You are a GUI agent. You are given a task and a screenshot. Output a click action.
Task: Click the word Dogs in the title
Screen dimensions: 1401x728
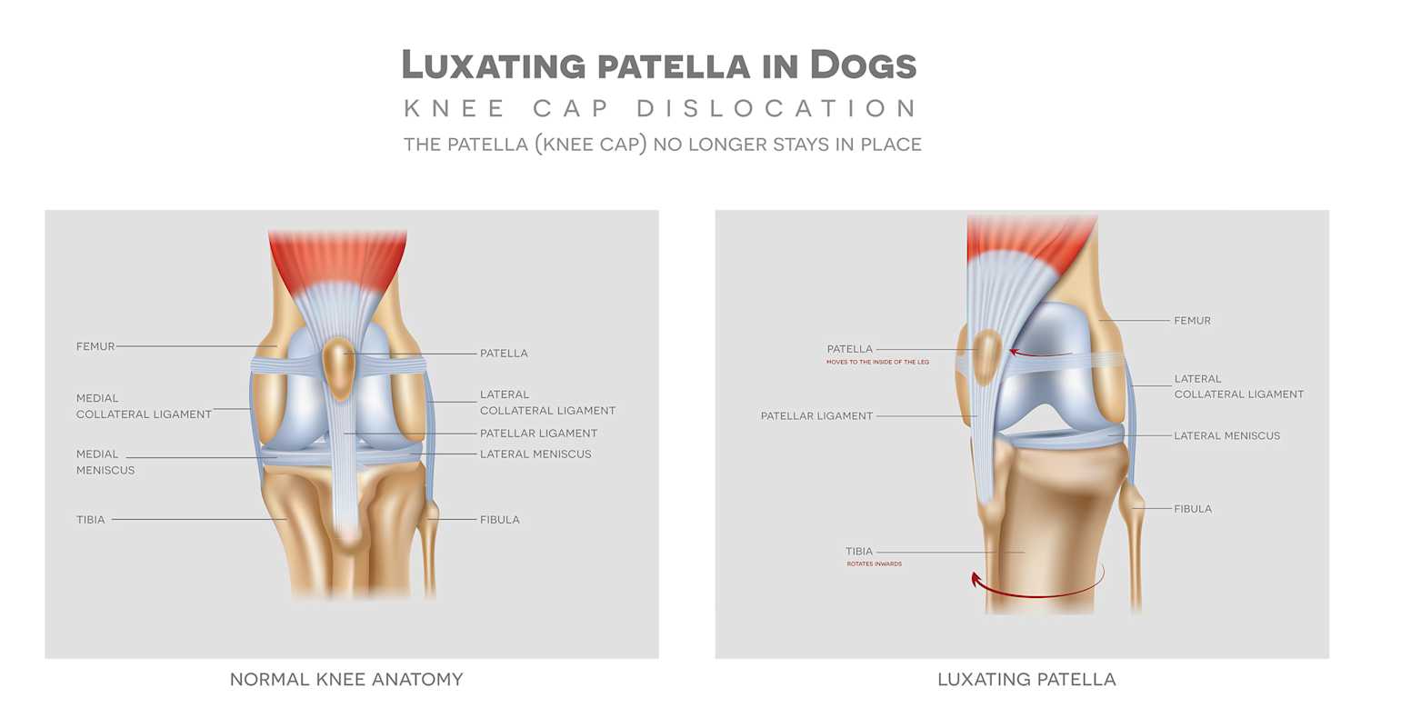pos(863,65)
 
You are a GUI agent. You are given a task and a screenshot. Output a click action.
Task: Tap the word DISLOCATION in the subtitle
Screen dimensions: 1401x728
pos(776,108)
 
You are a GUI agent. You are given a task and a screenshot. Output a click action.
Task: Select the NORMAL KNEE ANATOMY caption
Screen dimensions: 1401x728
pos(346,679)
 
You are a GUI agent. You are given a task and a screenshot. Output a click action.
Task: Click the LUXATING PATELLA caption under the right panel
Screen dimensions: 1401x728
pos(1026,679)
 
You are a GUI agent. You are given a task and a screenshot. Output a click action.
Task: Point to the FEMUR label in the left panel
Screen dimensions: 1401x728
pos(95,346)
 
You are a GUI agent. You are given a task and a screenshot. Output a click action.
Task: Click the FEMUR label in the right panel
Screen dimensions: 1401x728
pos(1192,321)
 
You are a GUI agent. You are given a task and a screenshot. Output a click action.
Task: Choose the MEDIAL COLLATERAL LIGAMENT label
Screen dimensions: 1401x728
pos(144,406)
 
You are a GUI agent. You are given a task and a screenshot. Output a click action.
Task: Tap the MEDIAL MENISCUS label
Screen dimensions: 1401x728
pos(105,462)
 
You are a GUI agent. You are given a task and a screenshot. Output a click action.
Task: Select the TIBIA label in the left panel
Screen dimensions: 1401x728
pos(91,520)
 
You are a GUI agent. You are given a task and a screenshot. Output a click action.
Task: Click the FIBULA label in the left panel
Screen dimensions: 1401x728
pos(499,520)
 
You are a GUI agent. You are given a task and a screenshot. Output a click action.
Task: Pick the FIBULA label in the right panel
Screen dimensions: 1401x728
pos(1193,509)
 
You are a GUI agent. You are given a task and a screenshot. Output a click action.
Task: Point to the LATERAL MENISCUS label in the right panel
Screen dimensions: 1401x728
pos(1226,436)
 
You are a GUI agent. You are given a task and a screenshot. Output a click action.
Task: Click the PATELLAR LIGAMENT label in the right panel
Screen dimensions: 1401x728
pos(816,416)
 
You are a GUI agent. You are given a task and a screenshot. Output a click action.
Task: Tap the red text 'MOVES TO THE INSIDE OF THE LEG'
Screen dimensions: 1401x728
pos(877,363)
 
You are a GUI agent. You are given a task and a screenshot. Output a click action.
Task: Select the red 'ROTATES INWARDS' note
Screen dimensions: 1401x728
pos(875,564)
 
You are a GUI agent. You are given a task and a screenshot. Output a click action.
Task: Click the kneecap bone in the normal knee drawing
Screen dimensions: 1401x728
pos(339,365)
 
